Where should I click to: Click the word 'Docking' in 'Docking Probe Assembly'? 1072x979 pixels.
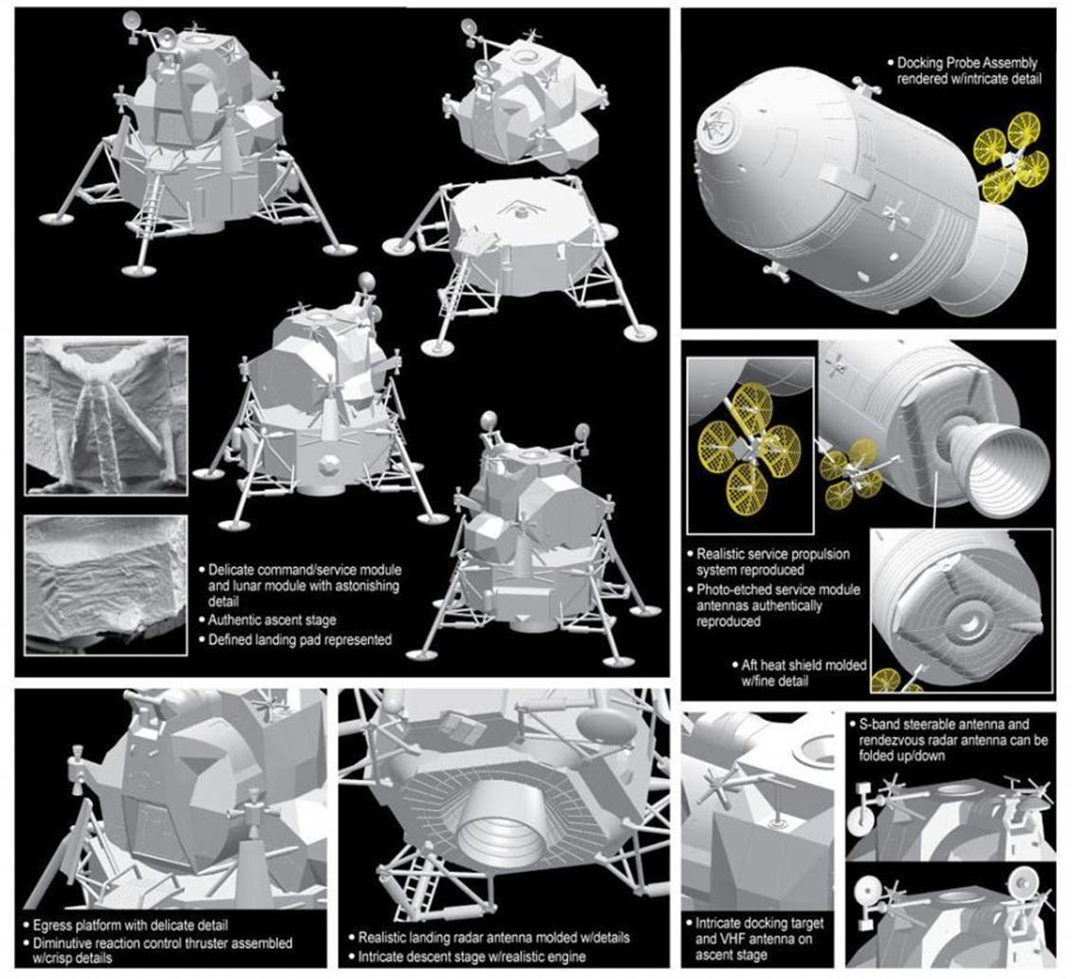921,63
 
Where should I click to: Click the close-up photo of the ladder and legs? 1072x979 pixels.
106,416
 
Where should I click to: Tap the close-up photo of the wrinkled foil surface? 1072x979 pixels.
106,585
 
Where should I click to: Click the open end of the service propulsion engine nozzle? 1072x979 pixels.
1009,471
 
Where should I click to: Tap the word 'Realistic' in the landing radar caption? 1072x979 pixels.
385,938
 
